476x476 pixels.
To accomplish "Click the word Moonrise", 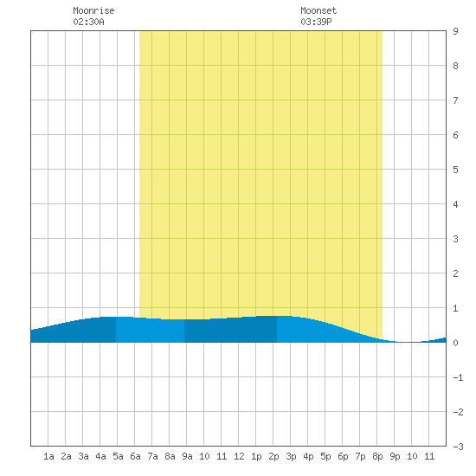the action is (93, 10).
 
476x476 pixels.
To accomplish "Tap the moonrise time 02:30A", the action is (88, 22).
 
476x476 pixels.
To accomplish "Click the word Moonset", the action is (318, 10).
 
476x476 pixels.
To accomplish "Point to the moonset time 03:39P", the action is (316, 22).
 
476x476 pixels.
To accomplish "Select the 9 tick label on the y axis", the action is (455, 31).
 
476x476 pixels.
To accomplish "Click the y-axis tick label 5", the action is (455, 170).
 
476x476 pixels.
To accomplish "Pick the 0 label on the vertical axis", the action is (455, 343).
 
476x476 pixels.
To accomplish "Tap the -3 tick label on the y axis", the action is (458, 447).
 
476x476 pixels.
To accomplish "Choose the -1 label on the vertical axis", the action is (458, 377).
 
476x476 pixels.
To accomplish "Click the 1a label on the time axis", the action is (48, 456).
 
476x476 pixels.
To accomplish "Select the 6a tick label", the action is (135, 456).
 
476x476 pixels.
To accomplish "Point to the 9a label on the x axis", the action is (187, 456).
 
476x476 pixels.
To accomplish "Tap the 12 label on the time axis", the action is (239, 456).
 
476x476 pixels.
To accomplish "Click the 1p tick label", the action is (256, 456).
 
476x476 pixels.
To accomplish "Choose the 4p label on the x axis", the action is (308, 456).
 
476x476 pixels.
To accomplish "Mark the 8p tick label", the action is (377, 456).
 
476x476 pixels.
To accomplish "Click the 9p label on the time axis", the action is (395, 456).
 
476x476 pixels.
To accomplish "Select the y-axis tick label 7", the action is (455, 100).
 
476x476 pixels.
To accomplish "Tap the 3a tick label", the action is (83, 456).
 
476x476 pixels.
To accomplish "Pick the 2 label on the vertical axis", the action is (455, 273).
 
